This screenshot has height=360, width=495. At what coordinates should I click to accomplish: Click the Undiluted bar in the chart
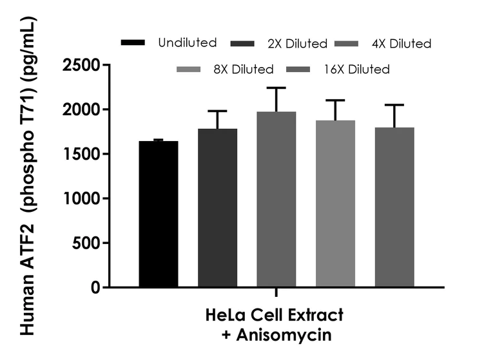click(x=159, y=214)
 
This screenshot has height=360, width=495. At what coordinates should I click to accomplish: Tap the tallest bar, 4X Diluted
click(x=276, y=199)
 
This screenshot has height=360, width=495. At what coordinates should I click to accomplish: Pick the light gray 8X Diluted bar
click(x=335, y=204)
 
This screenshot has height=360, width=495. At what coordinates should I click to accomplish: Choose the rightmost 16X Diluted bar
click(x=394, y=207)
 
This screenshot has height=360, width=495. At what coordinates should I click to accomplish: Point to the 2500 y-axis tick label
click(x=82, y=65)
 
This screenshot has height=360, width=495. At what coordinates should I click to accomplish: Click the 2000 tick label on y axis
click(x=82, y=109)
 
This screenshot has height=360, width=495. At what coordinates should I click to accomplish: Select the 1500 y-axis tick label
click(x=82, y=154)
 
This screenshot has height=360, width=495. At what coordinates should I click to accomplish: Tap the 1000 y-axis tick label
click(x=82, y=198)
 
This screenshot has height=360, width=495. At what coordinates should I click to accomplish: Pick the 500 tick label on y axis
click(x=88, y=243)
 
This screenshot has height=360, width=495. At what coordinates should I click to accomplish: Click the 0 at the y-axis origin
click(x=96, y=287)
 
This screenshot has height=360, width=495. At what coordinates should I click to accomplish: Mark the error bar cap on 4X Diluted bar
click(x=276, y=88)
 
